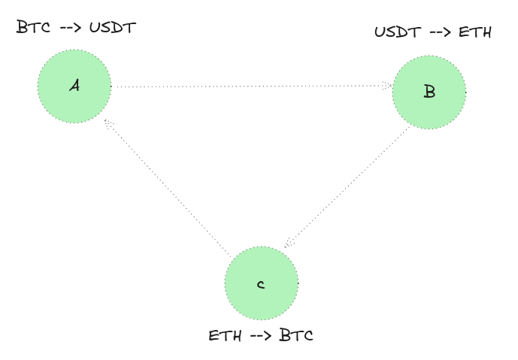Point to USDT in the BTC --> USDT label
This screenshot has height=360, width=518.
pos(112,29)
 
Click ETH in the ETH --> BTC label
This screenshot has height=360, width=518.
pos(225,335)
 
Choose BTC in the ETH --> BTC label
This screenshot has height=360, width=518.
pos(295,335)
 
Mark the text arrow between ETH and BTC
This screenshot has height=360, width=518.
pos(261,335)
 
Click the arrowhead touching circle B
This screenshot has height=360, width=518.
pos(387,86)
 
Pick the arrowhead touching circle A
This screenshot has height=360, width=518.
pos(108,123)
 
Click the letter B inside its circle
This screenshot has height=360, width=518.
pos(429,92)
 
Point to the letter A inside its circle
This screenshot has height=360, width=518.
pos(74,86)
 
